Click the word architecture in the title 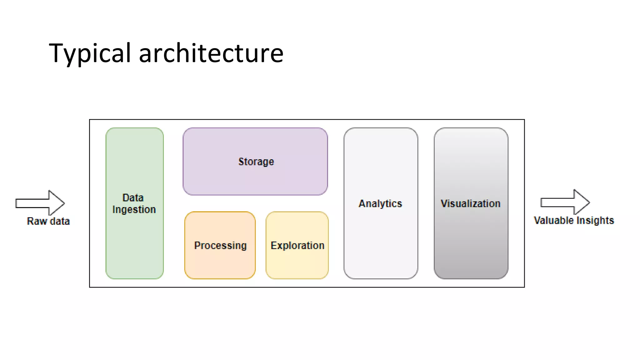coord(211,53)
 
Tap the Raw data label coord(48,221)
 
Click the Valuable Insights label coord(574,221)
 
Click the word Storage coord(256,162)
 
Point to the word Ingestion coord(134,210)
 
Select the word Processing coord(220,246)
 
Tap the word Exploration coord(297,246)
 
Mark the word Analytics coord(380,204)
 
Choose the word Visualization coord(470,204)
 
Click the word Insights coord(595,221)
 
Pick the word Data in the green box coord(133,198)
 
